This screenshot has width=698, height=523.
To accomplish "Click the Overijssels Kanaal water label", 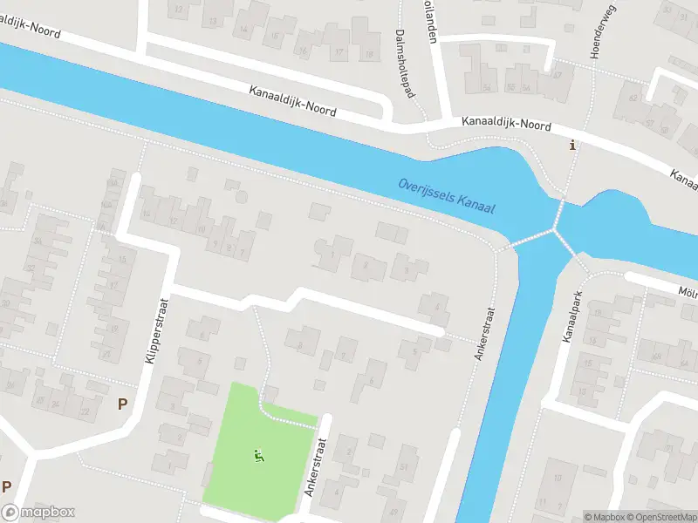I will click(446, 196).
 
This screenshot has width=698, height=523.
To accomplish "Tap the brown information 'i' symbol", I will click(572, 146).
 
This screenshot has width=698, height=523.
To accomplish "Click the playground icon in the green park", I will click(258, 454).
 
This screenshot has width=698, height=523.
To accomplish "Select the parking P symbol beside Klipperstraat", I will click(122, 404).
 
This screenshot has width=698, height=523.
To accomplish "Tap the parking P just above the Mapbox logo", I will click(6, 486).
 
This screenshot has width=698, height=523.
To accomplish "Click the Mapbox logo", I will click(38, 513).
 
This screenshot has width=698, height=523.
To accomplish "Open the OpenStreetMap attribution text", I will click(663, 517).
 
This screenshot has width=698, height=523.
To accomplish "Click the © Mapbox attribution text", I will click(606, 517).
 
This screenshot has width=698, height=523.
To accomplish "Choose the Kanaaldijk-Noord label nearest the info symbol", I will click(507, 126).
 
